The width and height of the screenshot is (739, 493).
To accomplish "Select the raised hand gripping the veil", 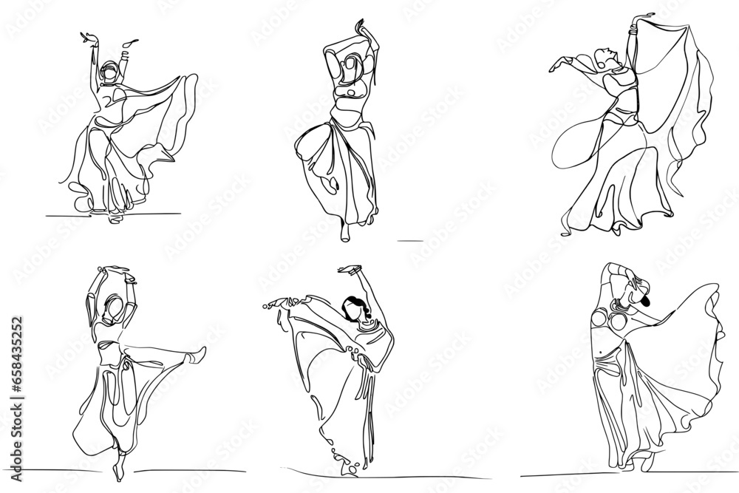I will point(631,18).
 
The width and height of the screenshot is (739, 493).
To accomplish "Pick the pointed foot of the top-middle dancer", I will point(346,232).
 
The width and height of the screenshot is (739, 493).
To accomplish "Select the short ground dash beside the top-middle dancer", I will point(409,240).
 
